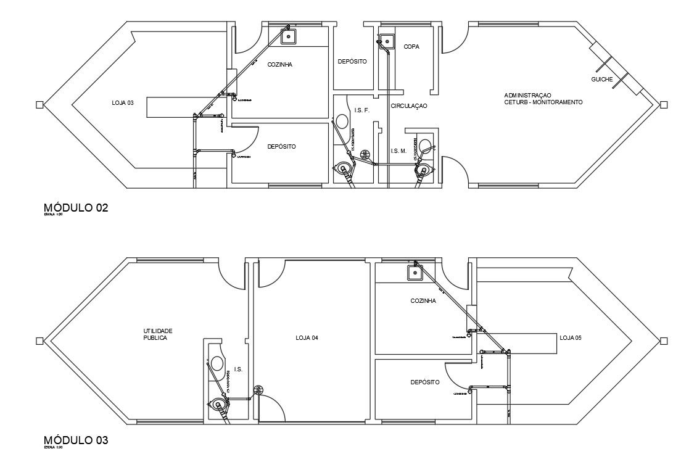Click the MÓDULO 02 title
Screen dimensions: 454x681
click(76, 208)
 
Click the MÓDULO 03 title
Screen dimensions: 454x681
click(76, 440)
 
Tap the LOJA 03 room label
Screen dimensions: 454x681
click(123, 103)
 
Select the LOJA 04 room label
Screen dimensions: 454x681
click(307, 338)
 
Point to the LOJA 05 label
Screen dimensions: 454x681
click(571, 338)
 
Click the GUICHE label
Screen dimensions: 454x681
click(602, 80)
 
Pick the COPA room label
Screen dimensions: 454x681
click(411, 47)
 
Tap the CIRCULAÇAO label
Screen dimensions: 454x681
click(409, 106)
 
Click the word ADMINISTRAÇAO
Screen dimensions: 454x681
click(527, 95)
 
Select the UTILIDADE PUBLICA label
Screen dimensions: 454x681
click(154, 335)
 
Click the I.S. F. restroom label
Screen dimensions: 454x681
click(361, 110)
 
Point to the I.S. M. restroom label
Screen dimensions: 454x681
click(398, 151)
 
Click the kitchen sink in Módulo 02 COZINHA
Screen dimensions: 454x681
click(288, 36)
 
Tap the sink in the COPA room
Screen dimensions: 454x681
click(387, 42)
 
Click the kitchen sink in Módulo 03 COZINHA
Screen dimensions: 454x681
click(415, 272)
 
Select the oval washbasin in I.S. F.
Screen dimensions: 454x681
click(341, 122)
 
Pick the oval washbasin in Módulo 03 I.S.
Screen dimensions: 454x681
click(217, 363)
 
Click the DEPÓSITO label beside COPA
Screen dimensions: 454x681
click(352, 62)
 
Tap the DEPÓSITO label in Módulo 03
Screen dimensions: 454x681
click(425, 382)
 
